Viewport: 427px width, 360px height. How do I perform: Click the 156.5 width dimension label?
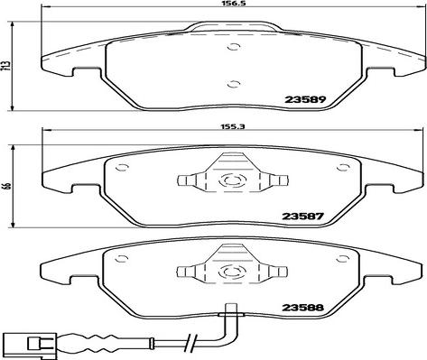pyautogui.click(x=233, y=4)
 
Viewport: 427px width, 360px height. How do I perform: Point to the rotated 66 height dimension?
pyautogui.click(x=7, y=187)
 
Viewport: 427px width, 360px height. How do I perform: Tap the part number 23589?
pyautogui.click(x=305, y=99)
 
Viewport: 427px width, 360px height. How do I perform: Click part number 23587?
pyautogui.click(x=302, y=217)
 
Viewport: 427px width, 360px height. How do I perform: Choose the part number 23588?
pyautogui.click(x=302, y=308)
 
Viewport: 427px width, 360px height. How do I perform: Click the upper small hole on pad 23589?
pyautogui.click(x=234, y=47)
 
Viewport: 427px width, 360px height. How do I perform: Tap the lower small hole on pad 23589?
pyautogui.click(x=234, y=84)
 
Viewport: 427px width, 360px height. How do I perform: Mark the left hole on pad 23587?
pyautogui.click(x=123, y=167)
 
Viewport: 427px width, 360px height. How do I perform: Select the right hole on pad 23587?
pyautogui.click(x=342, y=167)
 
